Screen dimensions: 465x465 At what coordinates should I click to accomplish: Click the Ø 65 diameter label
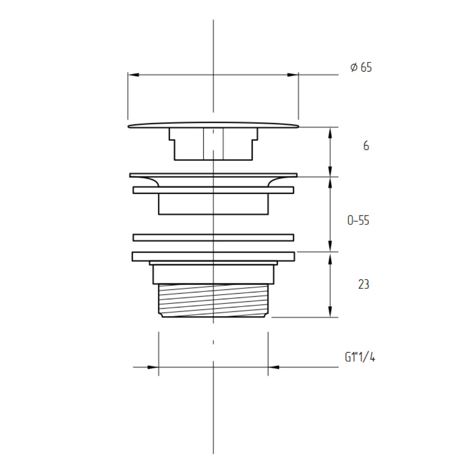361,67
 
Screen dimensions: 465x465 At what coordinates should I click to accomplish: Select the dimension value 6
366,146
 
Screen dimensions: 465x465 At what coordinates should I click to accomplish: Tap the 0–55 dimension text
358,220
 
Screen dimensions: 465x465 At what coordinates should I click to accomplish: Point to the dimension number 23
363,285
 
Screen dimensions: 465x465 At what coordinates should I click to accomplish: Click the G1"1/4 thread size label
360,357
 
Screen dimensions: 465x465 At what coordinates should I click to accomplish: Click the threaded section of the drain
213,301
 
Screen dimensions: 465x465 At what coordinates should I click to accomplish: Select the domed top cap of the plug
213,125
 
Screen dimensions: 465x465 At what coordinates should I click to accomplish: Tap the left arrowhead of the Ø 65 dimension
133,75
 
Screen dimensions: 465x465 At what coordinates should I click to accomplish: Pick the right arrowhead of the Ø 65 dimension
293,75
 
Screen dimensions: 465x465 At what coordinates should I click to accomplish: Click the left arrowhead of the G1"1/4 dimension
153,367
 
